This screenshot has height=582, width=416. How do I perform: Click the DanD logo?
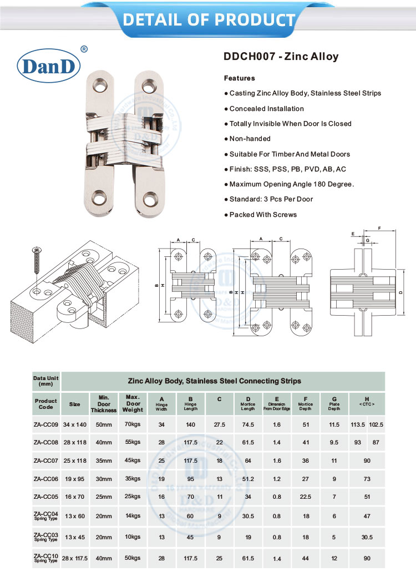tap(50, 65)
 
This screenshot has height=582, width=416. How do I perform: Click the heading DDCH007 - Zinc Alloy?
tap(281, 57)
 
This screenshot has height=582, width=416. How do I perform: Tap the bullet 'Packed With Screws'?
tap(263, 215)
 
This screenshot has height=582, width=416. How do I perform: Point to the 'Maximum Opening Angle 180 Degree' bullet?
tap(291, 184)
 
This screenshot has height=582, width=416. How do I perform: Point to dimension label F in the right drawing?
tap(379, 228)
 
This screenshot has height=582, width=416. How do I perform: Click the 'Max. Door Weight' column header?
tap(134, 403)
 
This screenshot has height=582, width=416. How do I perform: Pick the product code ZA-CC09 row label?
tap(45, 424)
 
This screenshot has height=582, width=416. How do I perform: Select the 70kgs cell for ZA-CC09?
tap(133, 424)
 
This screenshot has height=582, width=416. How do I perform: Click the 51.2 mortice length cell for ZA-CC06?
tap(248, 479)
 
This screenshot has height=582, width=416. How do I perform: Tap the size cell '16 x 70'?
tap(74, 497)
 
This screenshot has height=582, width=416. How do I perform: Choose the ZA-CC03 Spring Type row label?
tap(45, 537)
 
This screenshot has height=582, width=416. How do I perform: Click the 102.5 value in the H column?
tap(376, 424)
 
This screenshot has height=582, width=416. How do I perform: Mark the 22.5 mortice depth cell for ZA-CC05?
tap(306, 497)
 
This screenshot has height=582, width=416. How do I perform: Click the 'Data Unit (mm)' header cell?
tap(45, 381)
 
